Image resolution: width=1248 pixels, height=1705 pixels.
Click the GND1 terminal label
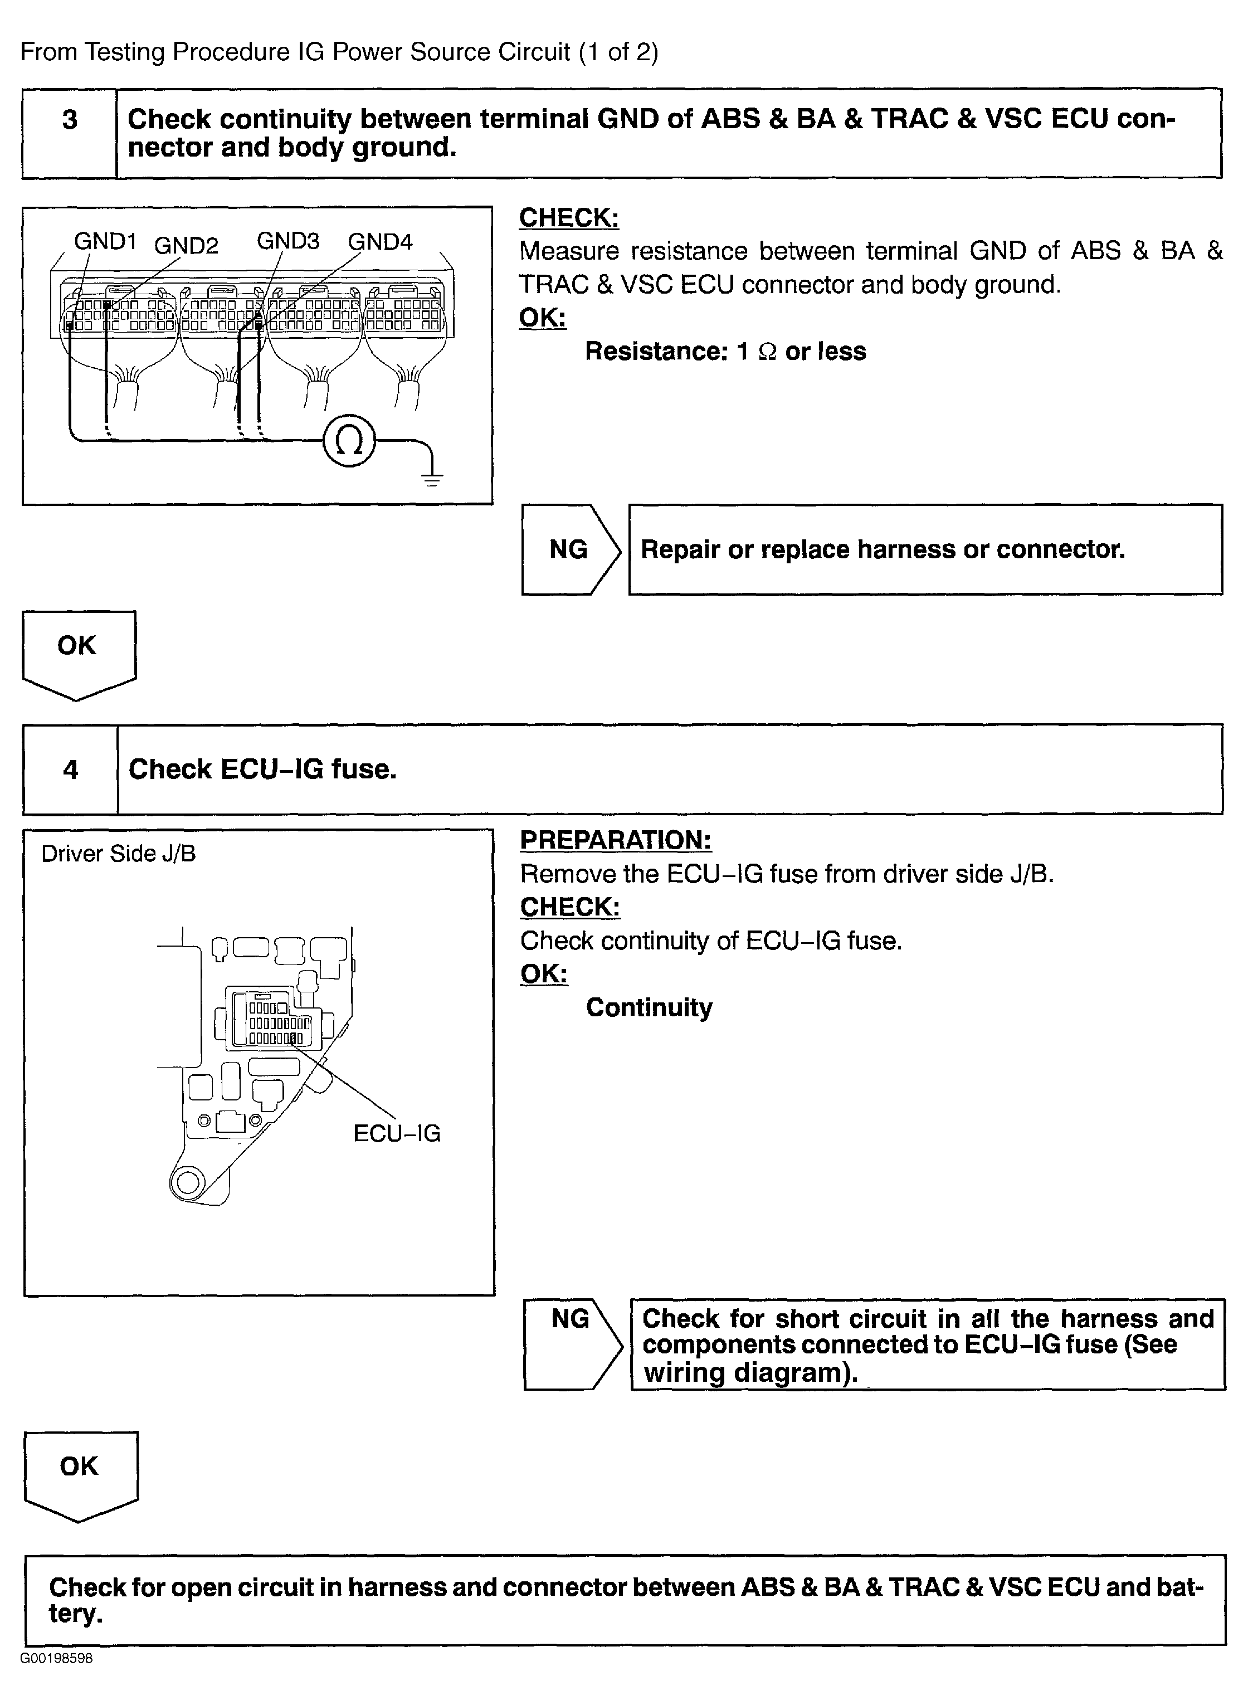[105, 242]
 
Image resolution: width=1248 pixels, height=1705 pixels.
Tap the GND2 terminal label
[186, 246]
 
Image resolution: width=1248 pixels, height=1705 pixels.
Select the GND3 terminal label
[288, 241]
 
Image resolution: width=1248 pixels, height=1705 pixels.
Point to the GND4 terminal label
[380, 242]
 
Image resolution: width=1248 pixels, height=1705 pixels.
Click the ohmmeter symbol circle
[348, 441]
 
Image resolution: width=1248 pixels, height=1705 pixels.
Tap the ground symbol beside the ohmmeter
[431, 475]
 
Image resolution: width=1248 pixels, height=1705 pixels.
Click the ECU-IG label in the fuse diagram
[397, 1133]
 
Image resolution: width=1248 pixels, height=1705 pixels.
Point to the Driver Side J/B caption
[118, 854]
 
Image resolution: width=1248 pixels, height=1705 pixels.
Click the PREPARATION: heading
[616, 840]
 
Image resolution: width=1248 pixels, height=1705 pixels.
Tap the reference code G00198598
[57, 1659]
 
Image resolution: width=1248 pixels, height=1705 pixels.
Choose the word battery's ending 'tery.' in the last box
[76, 1613]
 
